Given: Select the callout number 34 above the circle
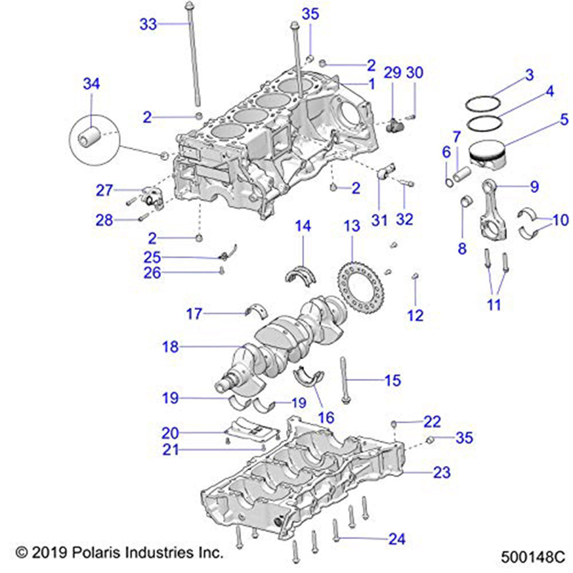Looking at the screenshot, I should pos(91,84).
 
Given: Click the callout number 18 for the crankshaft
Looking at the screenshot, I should pos(171,347).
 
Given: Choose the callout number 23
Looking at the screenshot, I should pos(442,473).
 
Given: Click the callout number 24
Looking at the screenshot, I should pos(397,539).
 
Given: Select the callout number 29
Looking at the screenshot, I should pos(393,73).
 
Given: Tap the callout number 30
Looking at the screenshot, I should pos(414,73).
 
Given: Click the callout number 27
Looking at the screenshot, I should pos(105,190).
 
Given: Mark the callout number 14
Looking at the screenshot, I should pos(303,226).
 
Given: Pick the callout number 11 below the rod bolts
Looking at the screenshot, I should pos(493,304).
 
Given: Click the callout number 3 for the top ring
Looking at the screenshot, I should pos(529,74).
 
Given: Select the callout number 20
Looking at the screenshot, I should pos(171,433).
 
